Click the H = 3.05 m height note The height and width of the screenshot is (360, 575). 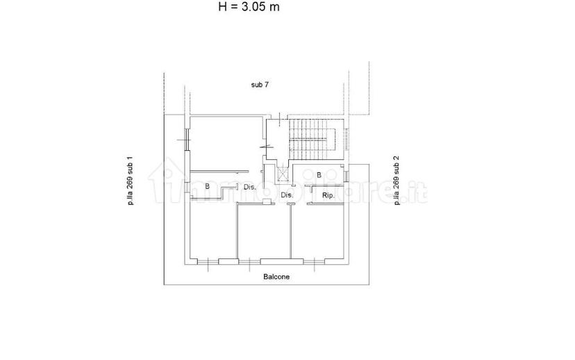pyautogui.click(x=249, y=7)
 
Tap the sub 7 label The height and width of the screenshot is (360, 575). pyautogui.click(x=260, y=85)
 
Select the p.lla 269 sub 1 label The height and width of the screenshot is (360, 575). pyautogui.click(x=130, y=181)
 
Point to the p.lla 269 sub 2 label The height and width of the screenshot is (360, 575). pyautogui.click(x=397, y=180)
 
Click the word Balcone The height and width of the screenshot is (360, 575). pyautogui.click(x=276, y=277)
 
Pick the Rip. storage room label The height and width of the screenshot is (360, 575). pyautogui.click(x=328, y=195)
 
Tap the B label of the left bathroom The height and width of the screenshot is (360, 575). pyautogui.click(x=207, y=186)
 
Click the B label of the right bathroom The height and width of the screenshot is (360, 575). pyautogui.click(x=319, y=175)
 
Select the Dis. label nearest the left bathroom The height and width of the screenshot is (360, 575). pyautogui.click(x=250, y=187)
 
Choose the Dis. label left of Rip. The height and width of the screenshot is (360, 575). pyautogui.click(x=287, y=195)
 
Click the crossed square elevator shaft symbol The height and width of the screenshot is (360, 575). pyautogui.click(x=283, y=174)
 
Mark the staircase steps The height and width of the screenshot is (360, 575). pyautogui.click(x=312, y=140)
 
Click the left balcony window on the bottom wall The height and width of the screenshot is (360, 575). pyautogui.click(x=208, y=261)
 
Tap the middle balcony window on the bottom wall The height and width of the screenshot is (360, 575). pyautogui.click(x=250, y=261)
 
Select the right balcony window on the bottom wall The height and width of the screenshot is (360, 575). pyautogui.click(x=314, y=261)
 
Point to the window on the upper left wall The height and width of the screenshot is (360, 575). pyautogui.click(x=187, y=140)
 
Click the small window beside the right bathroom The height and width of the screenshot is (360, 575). pyautogui.click(x=346, y=175)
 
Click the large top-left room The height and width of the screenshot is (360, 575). pyautogui.click(x=226, y=144)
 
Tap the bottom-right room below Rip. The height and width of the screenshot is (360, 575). pyautogui.click(x=317, y=231)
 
